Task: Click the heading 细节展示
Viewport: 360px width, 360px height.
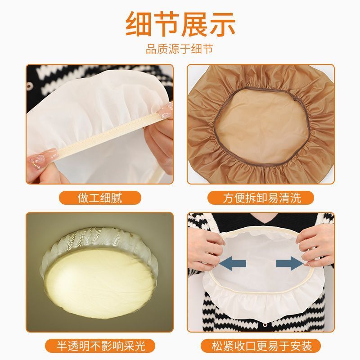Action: point(180,24)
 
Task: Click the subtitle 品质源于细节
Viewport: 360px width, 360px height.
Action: point(180,49)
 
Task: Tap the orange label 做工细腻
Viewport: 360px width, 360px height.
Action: point(100,198)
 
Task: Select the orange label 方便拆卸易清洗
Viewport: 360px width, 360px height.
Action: point(261,198)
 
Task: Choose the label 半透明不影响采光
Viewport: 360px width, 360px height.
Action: point(100,346)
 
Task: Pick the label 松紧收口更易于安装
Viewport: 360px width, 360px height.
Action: point(261,346)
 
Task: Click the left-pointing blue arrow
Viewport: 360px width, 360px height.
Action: point(232,263)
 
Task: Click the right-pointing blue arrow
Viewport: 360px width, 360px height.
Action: point(290,263)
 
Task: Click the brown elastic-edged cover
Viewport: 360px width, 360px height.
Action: point(261,124)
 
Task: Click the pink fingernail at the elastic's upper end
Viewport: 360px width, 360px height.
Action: point(164,111)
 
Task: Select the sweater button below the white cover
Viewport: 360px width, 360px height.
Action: point(265,325)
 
